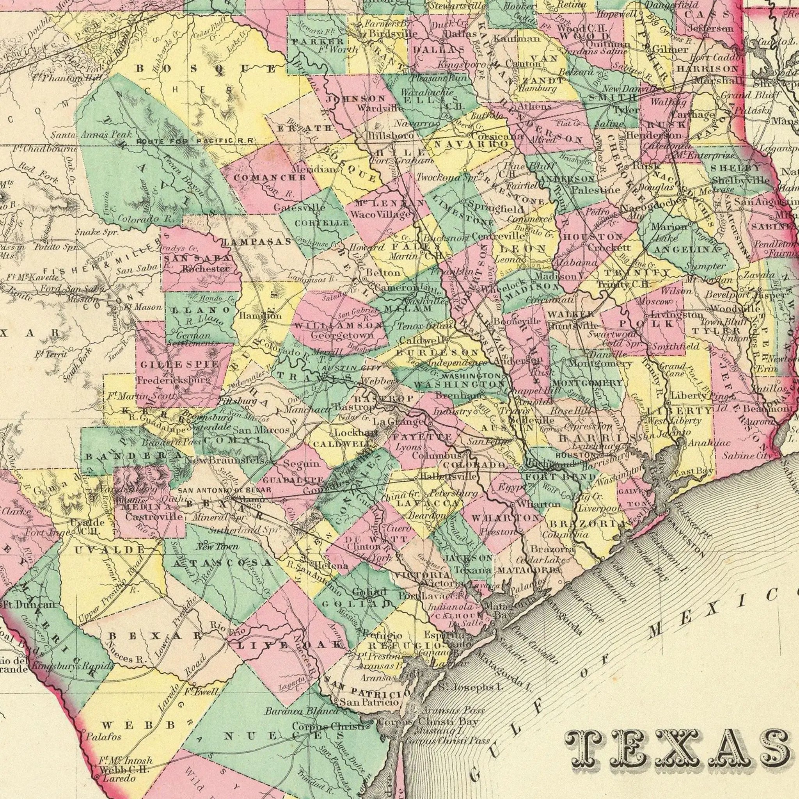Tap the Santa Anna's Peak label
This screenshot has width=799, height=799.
(91, 135)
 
